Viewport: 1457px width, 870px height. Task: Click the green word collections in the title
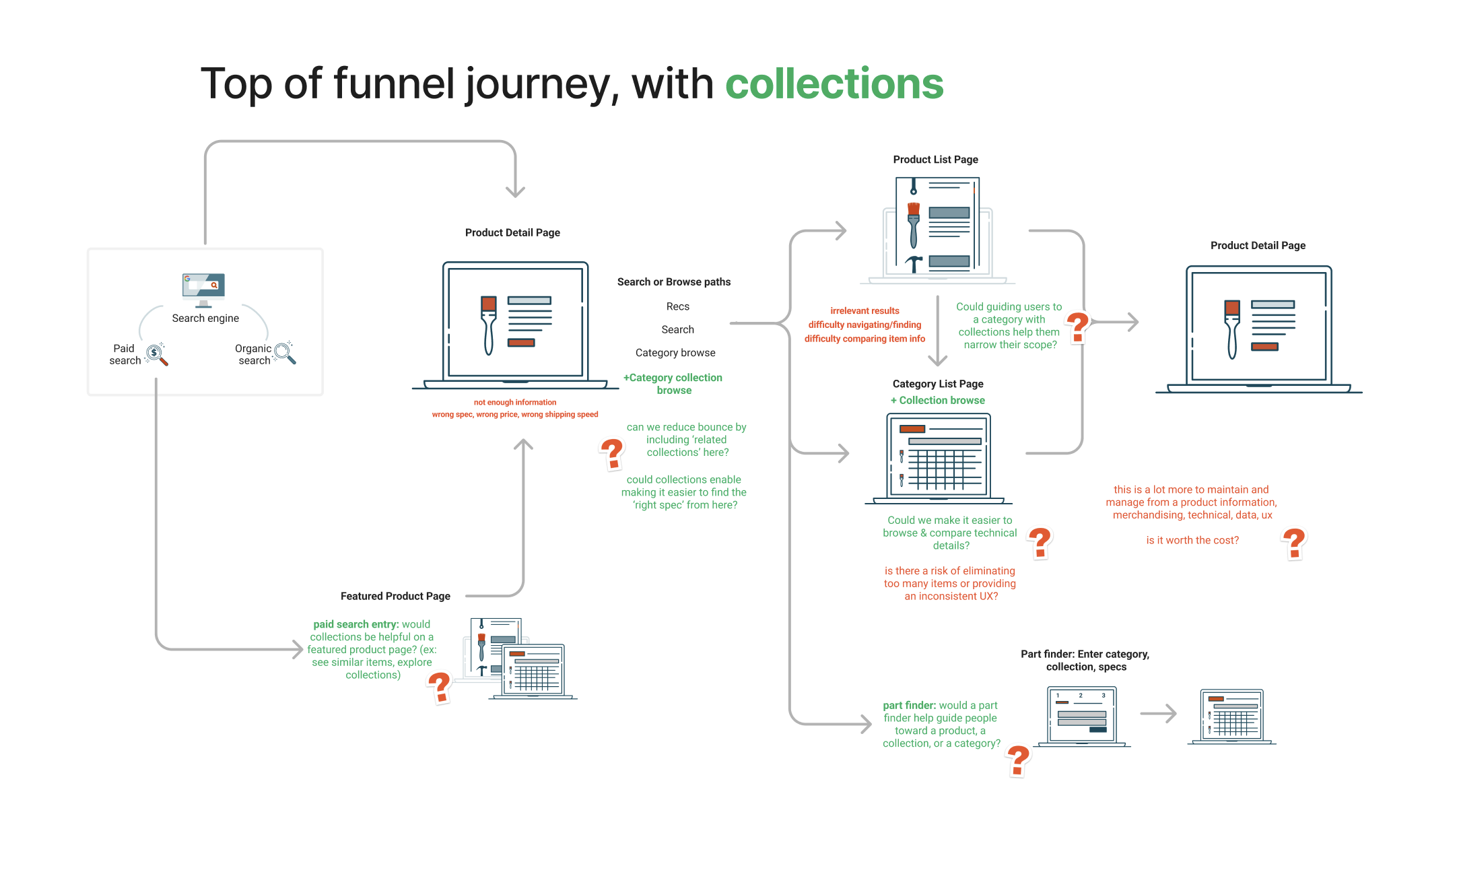(x=834, y=84)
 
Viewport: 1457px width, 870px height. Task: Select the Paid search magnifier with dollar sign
(x=157, y=354)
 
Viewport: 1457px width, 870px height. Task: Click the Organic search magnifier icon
(x=285, y=352)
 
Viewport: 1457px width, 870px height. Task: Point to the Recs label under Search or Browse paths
(x=677, y=306)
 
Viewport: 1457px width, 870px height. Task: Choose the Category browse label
(x=675, y=353)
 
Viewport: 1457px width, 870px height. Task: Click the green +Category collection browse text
(x=673, y=384)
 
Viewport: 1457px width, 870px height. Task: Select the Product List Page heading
(x=935, y=160)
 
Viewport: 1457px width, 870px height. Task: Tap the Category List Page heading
(x=937, y=384)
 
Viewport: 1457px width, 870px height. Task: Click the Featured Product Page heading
(x=395, y=596)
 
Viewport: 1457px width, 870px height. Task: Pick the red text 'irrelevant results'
(x=865, y=310)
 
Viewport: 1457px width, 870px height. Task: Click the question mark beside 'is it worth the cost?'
(x=1293, y=543)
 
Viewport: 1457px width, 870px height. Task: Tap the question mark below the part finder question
(x=1018, y=761)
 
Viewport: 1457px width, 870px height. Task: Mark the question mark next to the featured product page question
(x=439, y=688)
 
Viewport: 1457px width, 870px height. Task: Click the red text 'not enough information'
(x=514, y=402)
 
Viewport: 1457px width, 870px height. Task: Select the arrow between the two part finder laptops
(x=1158, y=713)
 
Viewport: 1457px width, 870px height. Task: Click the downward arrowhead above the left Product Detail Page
(x=515, y=191)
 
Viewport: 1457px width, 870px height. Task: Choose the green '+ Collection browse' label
(x=937, y=400)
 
